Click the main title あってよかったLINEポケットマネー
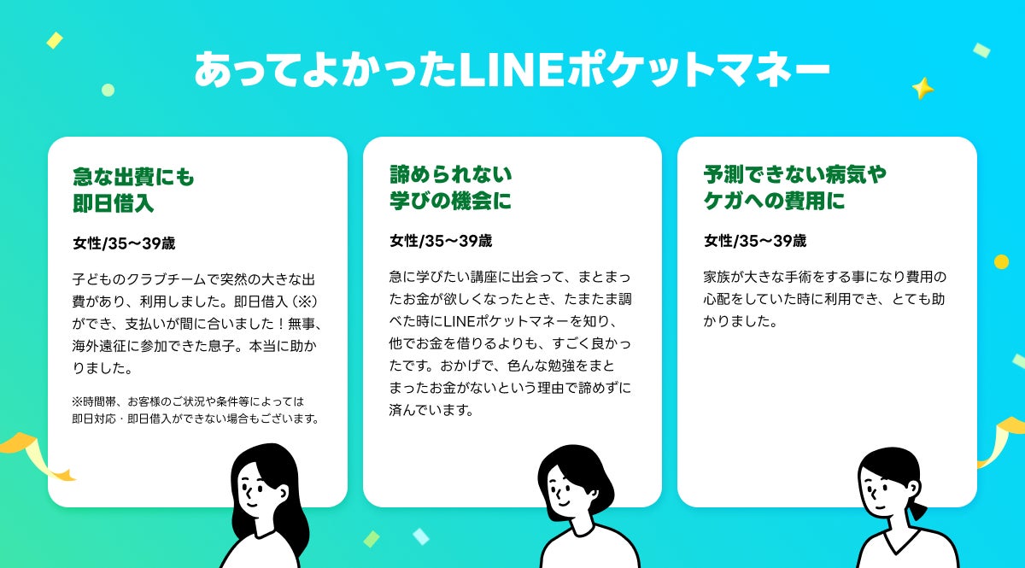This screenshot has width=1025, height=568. (512, 69)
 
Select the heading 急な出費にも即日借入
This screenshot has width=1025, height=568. (133, 190)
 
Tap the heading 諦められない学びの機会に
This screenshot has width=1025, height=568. (451, 188)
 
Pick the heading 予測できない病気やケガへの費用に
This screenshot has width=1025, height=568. (795, 188)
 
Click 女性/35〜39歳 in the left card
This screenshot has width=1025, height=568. (124, 243)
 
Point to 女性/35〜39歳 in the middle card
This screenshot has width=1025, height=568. (441, 241)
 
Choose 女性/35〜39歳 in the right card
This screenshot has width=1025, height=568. (755, 241)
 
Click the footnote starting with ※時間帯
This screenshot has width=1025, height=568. (196, 410)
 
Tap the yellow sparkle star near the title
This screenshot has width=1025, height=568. (923, 88)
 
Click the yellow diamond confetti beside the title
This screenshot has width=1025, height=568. (55, 40)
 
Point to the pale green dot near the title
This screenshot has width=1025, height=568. (108, 90)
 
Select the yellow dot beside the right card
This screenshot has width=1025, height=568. (1001, 262)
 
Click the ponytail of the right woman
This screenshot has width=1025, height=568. (917, 510)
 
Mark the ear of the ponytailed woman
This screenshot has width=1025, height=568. (912, 489)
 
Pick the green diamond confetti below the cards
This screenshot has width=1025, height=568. (371, 539)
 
